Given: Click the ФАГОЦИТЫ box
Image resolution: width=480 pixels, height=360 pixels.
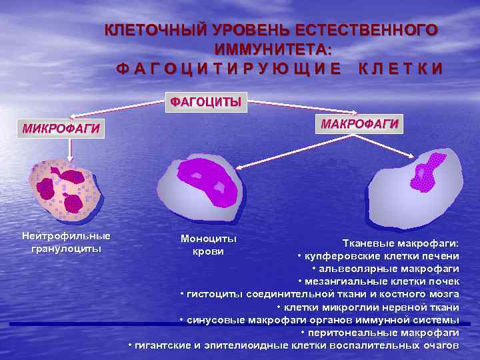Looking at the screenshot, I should [x=205, y=102].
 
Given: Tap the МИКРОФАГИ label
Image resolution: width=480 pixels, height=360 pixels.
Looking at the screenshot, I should [x=61, y=128].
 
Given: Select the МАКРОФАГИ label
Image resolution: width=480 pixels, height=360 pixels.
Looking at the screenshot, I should [x=359, y=124].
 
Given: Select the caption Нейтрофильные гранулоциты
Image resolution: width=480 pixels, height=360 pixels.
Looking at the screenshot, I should [x=66, y=242].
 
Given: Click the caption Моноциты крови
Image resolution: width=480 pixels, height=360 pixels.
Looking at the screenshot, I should [x=208, y=245].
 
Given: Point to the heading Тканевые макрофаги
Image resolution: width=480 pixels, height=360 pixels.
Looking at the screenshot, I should [x=401, y=244].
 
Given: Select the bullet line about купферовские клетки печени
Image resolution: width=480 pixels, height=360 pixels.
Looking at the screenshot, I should [x=378, y=257].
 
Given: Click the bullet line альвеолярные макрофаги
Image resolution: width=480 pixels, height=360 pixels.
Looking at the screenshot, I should [x=385, y=269].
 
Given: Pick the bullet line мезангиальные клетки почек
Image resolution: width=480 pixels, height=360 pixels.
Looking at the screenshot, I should [x=379, y=281].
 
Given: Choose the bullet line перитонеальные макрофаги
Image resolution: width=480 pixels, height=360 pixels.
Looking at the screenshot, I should [x=380, y=332].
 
